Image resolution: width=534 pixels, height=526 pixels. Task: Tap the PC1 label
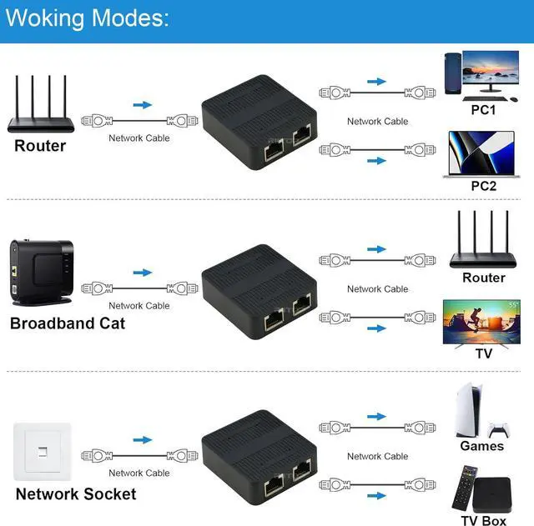pyautogui.click(x=483, y=110)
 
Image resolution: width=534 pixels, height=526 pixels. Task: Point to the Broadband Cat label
pyautogui.click(x=68, y=323)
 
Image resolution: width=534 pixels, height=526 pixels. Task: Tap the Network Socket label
pyautogui.click(x=75, y=494)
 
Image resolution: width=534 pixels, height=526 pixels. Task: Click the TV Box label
pyautogui.click(x=483, y=521)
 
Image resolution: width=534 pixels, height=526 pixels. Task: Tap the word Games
pyautogui.click(x=482, y=446)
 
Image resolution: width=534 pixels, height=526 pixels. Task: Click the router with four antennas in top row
pyautogui.click(x=40, y=107)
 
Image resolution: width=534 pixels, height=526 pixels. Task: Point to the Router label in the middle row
pyautogui.click(x=484, y=278)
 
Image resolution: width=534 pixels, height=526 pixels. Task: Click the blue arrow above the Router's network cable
pyautogui.click(x=143, y=105)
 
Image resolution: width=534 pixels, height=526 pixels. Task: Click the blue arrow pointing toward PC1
pyautogui.click(x=378, y=82)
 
